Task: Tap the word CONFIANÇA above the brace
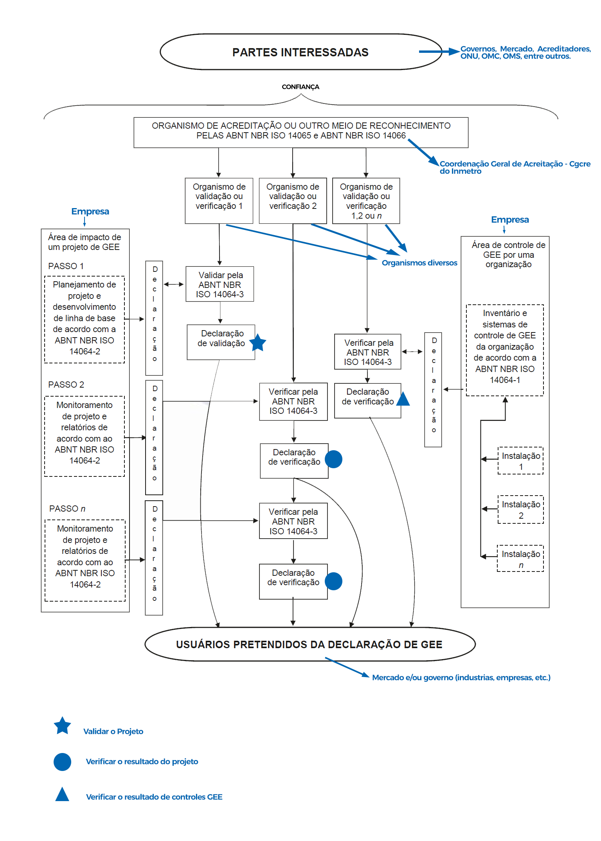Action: (300, 87)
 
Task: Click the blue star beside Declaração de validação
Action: (257, 343)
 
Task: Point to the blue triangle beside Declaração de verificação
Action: (403, 399)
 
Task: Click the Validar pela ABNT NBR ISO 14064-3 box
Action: (220, 284)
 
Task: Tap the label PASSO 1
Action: (66, 266)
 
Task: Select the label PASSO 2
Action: (66, 385)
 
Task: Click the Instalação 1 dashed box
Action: (521, 461)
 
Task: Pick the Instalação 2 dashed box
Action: (521, 510)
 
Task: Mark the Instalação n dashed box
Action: (521, 559)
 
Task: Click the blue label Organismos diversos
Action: (419, 263)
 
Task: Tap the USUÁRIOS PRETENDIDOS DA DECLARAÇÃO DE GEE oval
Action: (310, 644)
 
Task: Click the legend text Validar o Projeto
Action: (113, 731)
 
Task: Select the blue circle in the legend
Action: (62, 762)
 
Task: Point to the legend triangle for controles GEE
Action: (62, 794)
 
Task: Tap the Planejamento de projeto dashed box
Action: (85, 320)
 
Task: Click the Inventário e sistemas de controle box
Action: (505, 350)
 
